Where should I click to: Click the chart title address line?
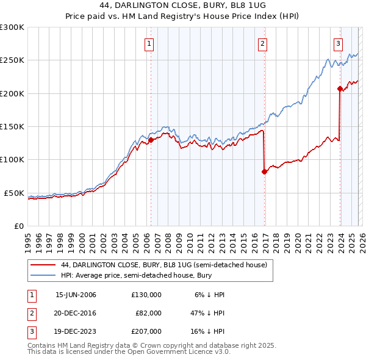tap(182, 5)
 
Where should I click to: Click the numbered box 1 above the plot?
tap(149, 43)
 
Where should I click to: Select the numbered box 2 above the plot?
tap(262, 43)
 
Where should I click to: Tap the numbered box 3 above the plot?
tap(337, 43)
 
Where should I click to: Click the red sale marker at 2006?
tap(151, 140)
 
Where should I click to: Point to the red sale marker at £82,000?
tap(264, 171)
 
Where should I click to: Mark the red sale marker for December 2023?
tap(340, 89)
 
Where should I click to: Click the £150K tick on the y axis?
tap(12, 127)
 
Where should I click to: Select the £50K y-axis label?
tap(15, 193)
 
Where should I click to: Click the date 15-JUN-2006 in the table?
tap(76, 295)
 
